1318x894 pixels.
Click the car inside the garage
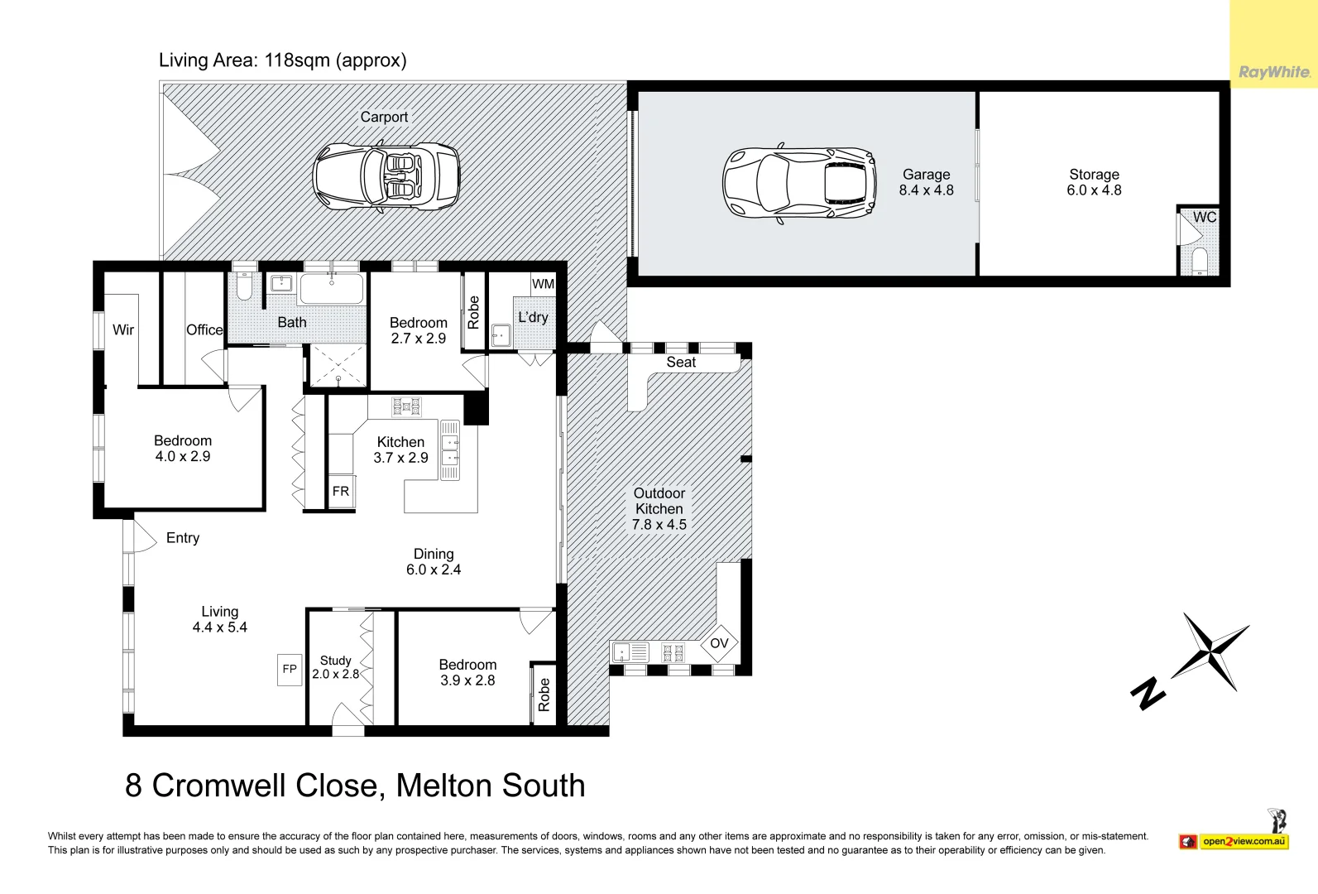799,183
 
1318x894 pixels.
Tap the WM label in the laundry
543,284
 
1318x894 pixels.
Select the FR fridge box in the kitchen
341,492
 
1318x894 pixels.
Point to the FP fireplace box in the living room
290,669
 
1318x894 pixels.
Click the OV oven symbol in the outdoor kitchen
719,643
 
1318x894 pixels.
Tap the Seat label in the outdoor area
681,363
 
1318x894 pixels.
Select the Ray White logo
1274,73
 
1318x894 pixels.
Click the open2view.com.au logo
1244,842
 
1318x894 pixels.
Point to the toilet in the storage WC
1200,262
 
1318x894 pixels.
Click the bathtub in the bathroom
331,289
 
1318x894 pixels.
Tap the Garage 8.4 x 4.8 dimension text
926,190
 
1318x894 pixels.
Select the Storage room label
1094,175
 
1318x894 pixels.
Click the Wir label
123,329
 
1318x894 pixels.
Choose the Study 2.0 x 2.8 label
335,667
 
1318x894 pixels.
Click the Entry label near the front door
183,538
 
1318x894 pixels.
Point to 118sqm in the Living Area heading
297,60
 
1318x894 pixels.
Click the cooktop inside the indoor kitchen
406,406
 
